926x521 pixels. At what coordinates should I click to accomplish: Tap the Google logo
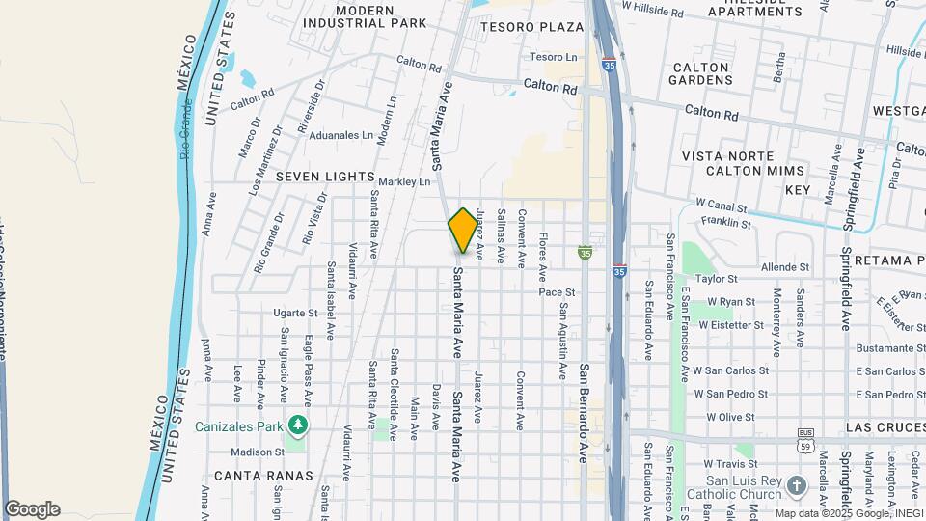click(32, 509)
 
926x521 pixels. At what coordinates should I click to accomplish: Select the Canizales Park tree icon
click(298, 425)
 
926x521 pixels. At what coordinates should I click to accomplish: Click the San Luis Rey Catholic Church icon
click(796, 483)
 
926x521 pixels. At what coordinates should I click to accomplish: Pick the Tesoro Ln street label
click(553, 57)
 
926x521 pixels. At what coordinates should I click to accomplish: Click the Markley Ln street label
click(404, 181)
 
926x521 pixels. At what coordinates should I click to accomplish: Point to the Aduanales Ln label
click(341, 136)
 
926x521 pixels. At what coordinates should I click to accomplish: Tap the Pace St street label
click(557, 291)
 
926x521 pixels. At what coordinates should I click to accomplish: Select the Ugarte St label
click(295, 314)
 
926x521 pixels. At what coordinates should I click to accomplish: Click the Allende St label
click(785, 266)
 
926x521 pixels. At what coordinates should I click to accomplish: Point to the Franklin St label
click(726, 223)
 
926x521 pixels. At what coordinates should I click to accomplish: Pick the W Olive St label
click(730, 417)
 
